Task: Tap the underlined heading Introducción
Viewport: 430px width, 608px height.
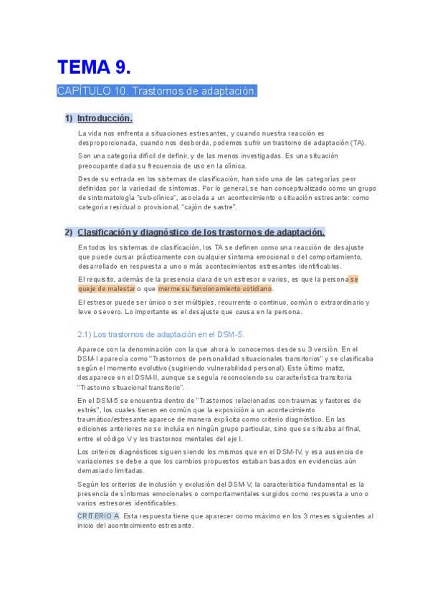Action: coord(105,118)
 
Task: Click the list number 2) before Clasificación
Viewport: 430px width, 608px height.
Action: coord(69,232)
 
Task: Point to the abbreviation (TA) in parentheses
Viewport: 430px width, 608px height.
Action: coord(357,143)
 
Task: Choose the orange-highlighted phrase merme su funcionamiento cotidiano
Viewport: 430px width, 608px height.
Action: coord(215,289)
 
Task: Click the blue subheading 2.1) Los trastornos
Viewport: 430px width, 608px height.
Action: coord(161,334)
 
